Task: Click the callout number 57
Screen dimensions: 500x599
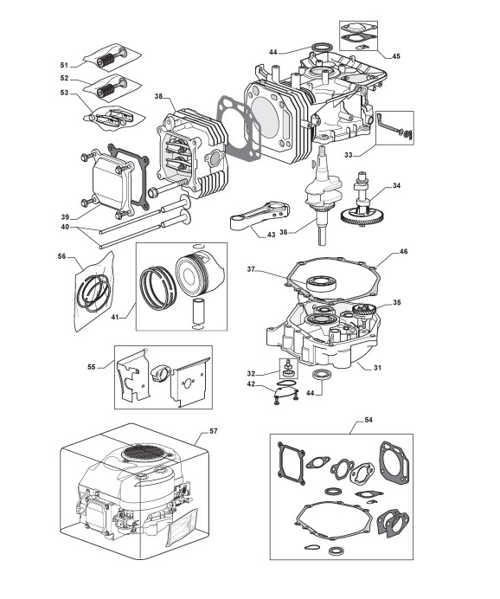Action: [214, 431]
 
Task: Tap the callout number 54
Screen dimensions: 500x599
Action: [369, 420]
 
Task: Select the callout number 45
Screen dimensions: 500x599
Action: [396, 56]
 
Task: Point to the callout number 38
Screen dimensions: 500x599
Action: [159, 96]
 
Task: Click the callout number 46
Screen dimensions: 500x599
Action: [403, 251]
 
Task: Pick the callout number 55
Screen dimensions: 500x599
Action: [91, 367]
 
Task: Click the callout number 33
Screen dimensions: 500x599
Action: [349, 155]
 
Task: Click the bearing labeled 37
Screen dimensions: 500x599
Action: [322, 283]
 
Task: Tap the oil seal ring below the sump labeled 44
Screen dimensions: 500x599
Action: [320, 375]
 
